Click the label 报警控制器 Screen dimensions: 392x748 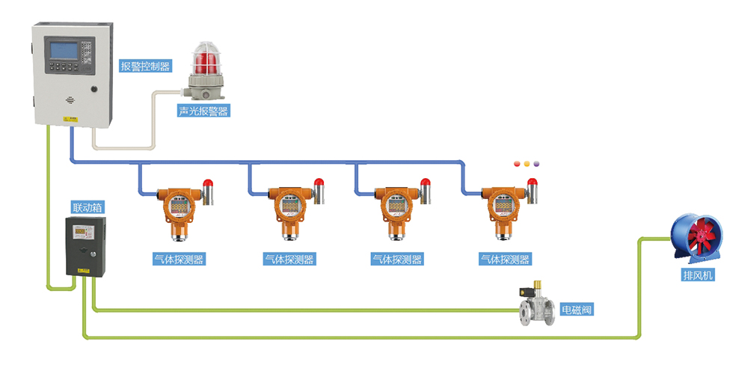145,66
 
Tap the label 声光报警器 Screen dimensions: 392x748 203,111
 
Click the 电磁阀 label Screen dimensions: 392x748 577,308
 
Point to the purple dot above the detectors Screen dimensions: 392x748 536,163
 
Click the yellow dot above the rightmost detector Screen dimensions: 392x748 526,163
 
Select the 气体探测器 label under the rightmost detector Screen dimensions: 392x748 505,260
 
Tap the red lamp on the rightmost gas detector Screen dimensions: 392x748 533,182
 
